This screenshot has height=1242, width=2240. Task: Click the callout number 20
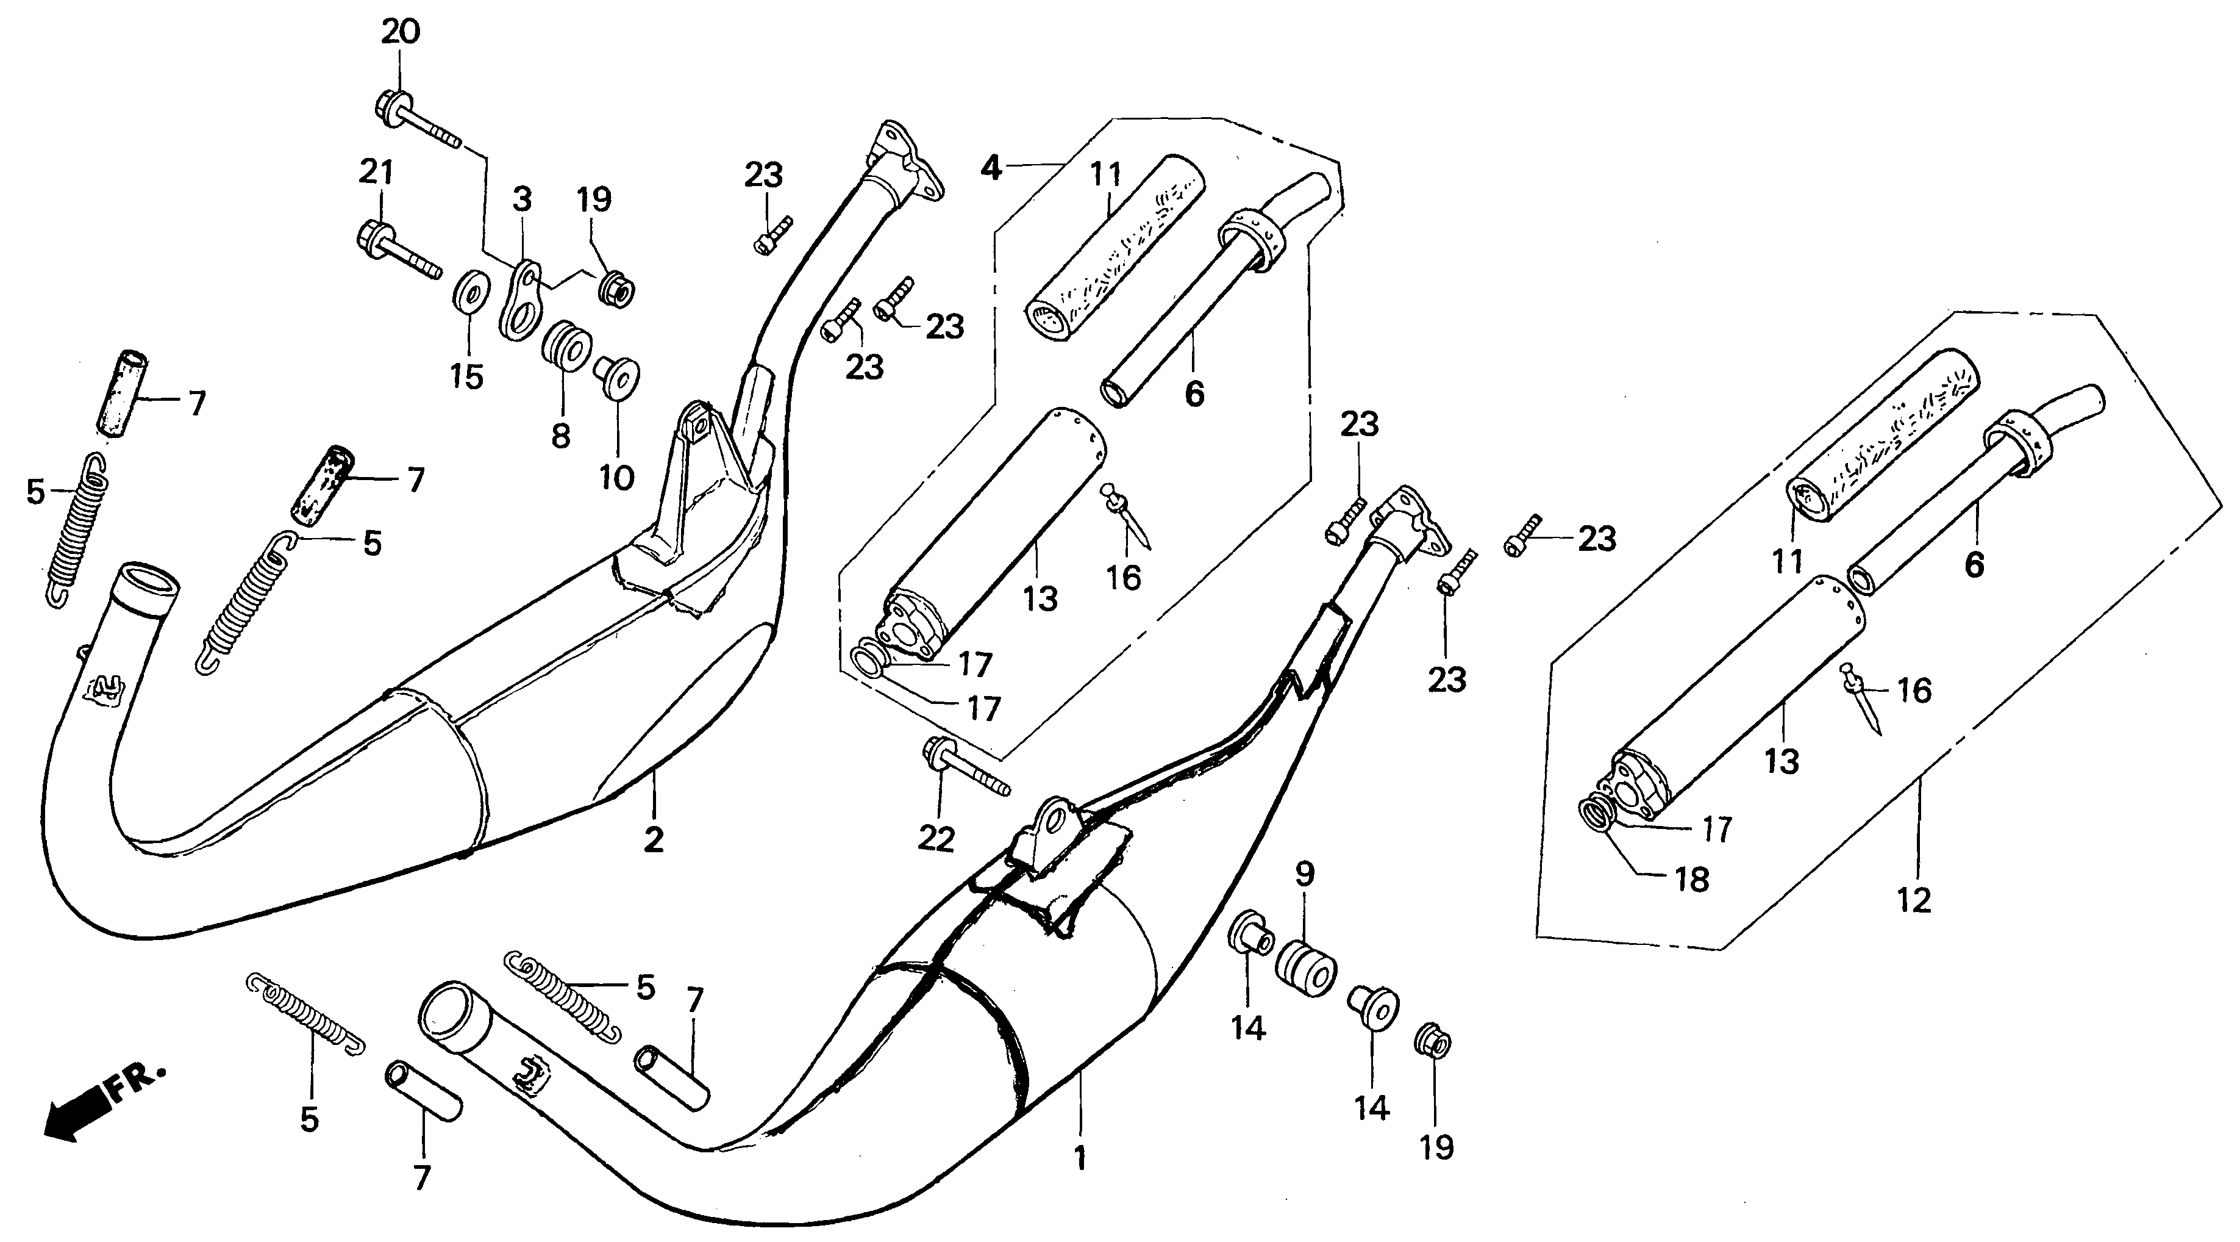[x=400, y=33]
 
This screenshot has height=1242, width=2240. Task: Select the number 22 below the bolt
[x=936, y=838]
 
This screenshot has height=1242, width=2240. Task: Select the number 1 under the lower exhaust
[x=1079, y=1158]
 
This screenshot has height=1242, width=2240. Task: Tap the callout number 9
[x=1305, y=872]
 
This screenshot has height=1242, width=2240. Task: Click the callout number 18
[x=1692, y=879]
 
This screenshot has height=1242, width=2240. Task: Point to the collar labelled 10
[x=616, y=376]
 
